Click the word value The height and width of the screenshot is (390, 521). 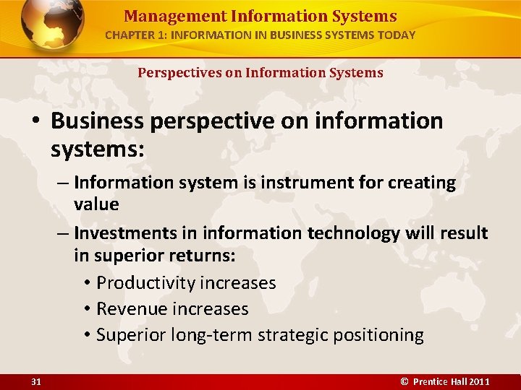[x=96, y=204]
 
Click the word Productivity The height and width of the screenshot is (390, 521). [x=147, y=282]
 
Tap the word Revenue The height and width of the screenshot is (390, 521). [x=131, y=308]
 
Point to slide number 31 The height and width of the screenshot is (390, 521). [x=35, y=381]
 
